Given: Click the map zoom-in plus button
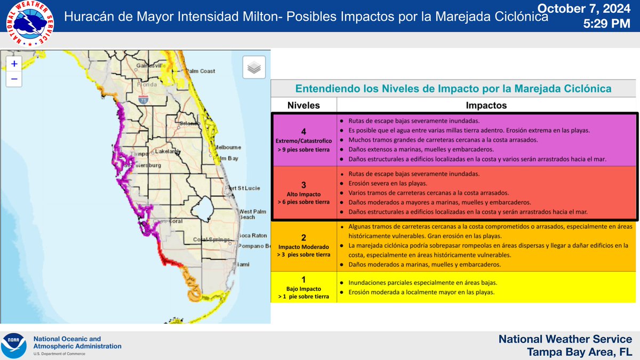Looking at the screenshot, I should (14, 63).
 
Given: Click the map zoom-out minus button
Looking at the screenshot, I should (14, 79).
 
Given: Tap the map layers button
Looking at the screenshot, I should (254, 68).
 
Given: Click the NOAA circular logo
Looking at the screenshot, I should (14, 346).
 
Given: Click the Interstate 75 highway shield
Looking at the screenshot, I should (143, 100).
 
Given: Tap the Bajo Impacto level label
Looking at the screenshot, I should (304, 289).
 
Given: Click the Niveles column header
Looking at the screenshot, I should (304, 105).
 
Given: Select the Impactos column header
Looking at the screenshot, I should (486, 105).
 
